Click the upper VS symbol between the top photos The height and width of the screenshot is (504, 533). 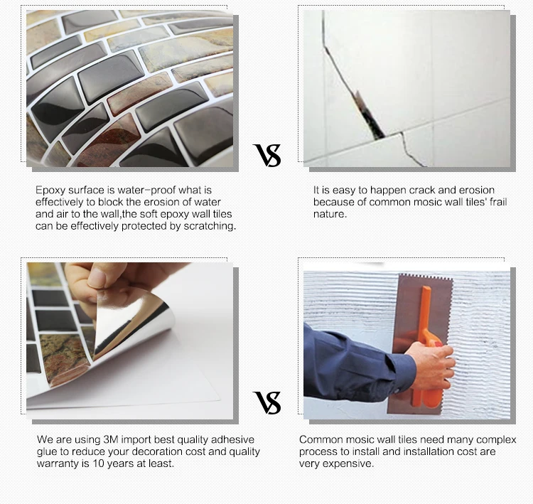click(267, 156)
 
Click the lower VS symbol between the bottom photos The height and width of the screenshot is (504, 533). click(267, 402)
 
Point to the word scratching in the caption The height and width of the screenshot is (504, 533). click(210, 226)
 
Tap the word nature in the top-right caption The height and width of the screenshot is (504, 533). click(330, 214)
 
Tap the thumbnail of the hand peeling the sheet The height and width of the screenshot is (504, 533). click(130, 341)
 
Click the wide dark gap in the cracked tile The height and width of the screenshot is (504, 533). click(368, 116)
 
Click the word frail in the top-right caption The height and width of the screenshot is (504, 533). click(498, 202)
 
